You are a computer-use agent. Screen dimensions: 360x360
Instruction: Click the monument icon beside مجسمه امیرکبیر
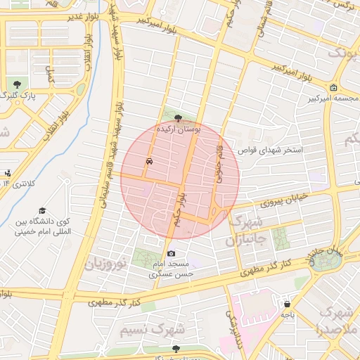(333, 88)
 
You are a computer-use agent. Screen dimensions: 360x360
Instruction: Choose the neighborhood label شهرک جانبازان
(243, 231)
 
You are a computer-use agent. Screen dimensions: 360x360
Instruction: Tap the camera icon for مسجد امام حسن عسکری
(171, 253)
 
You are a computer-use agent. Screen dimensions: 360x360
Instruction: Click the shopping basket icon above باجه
(287, 304)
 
